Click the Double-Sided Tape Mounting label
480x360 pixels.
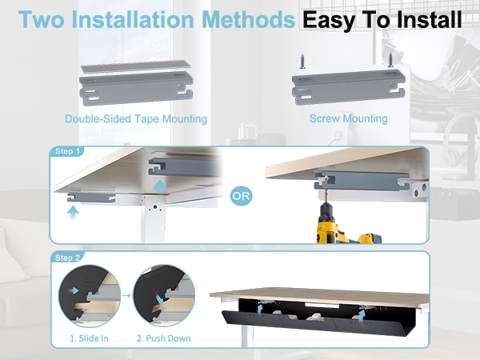(136, 118)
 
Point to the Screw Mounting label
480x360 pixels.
(348, 118)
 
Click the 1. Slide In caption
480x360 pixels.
(88, 338)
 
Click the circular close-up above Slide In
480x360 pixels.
(88, 296)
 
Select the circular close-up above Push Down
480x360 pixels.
(164, 296)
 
